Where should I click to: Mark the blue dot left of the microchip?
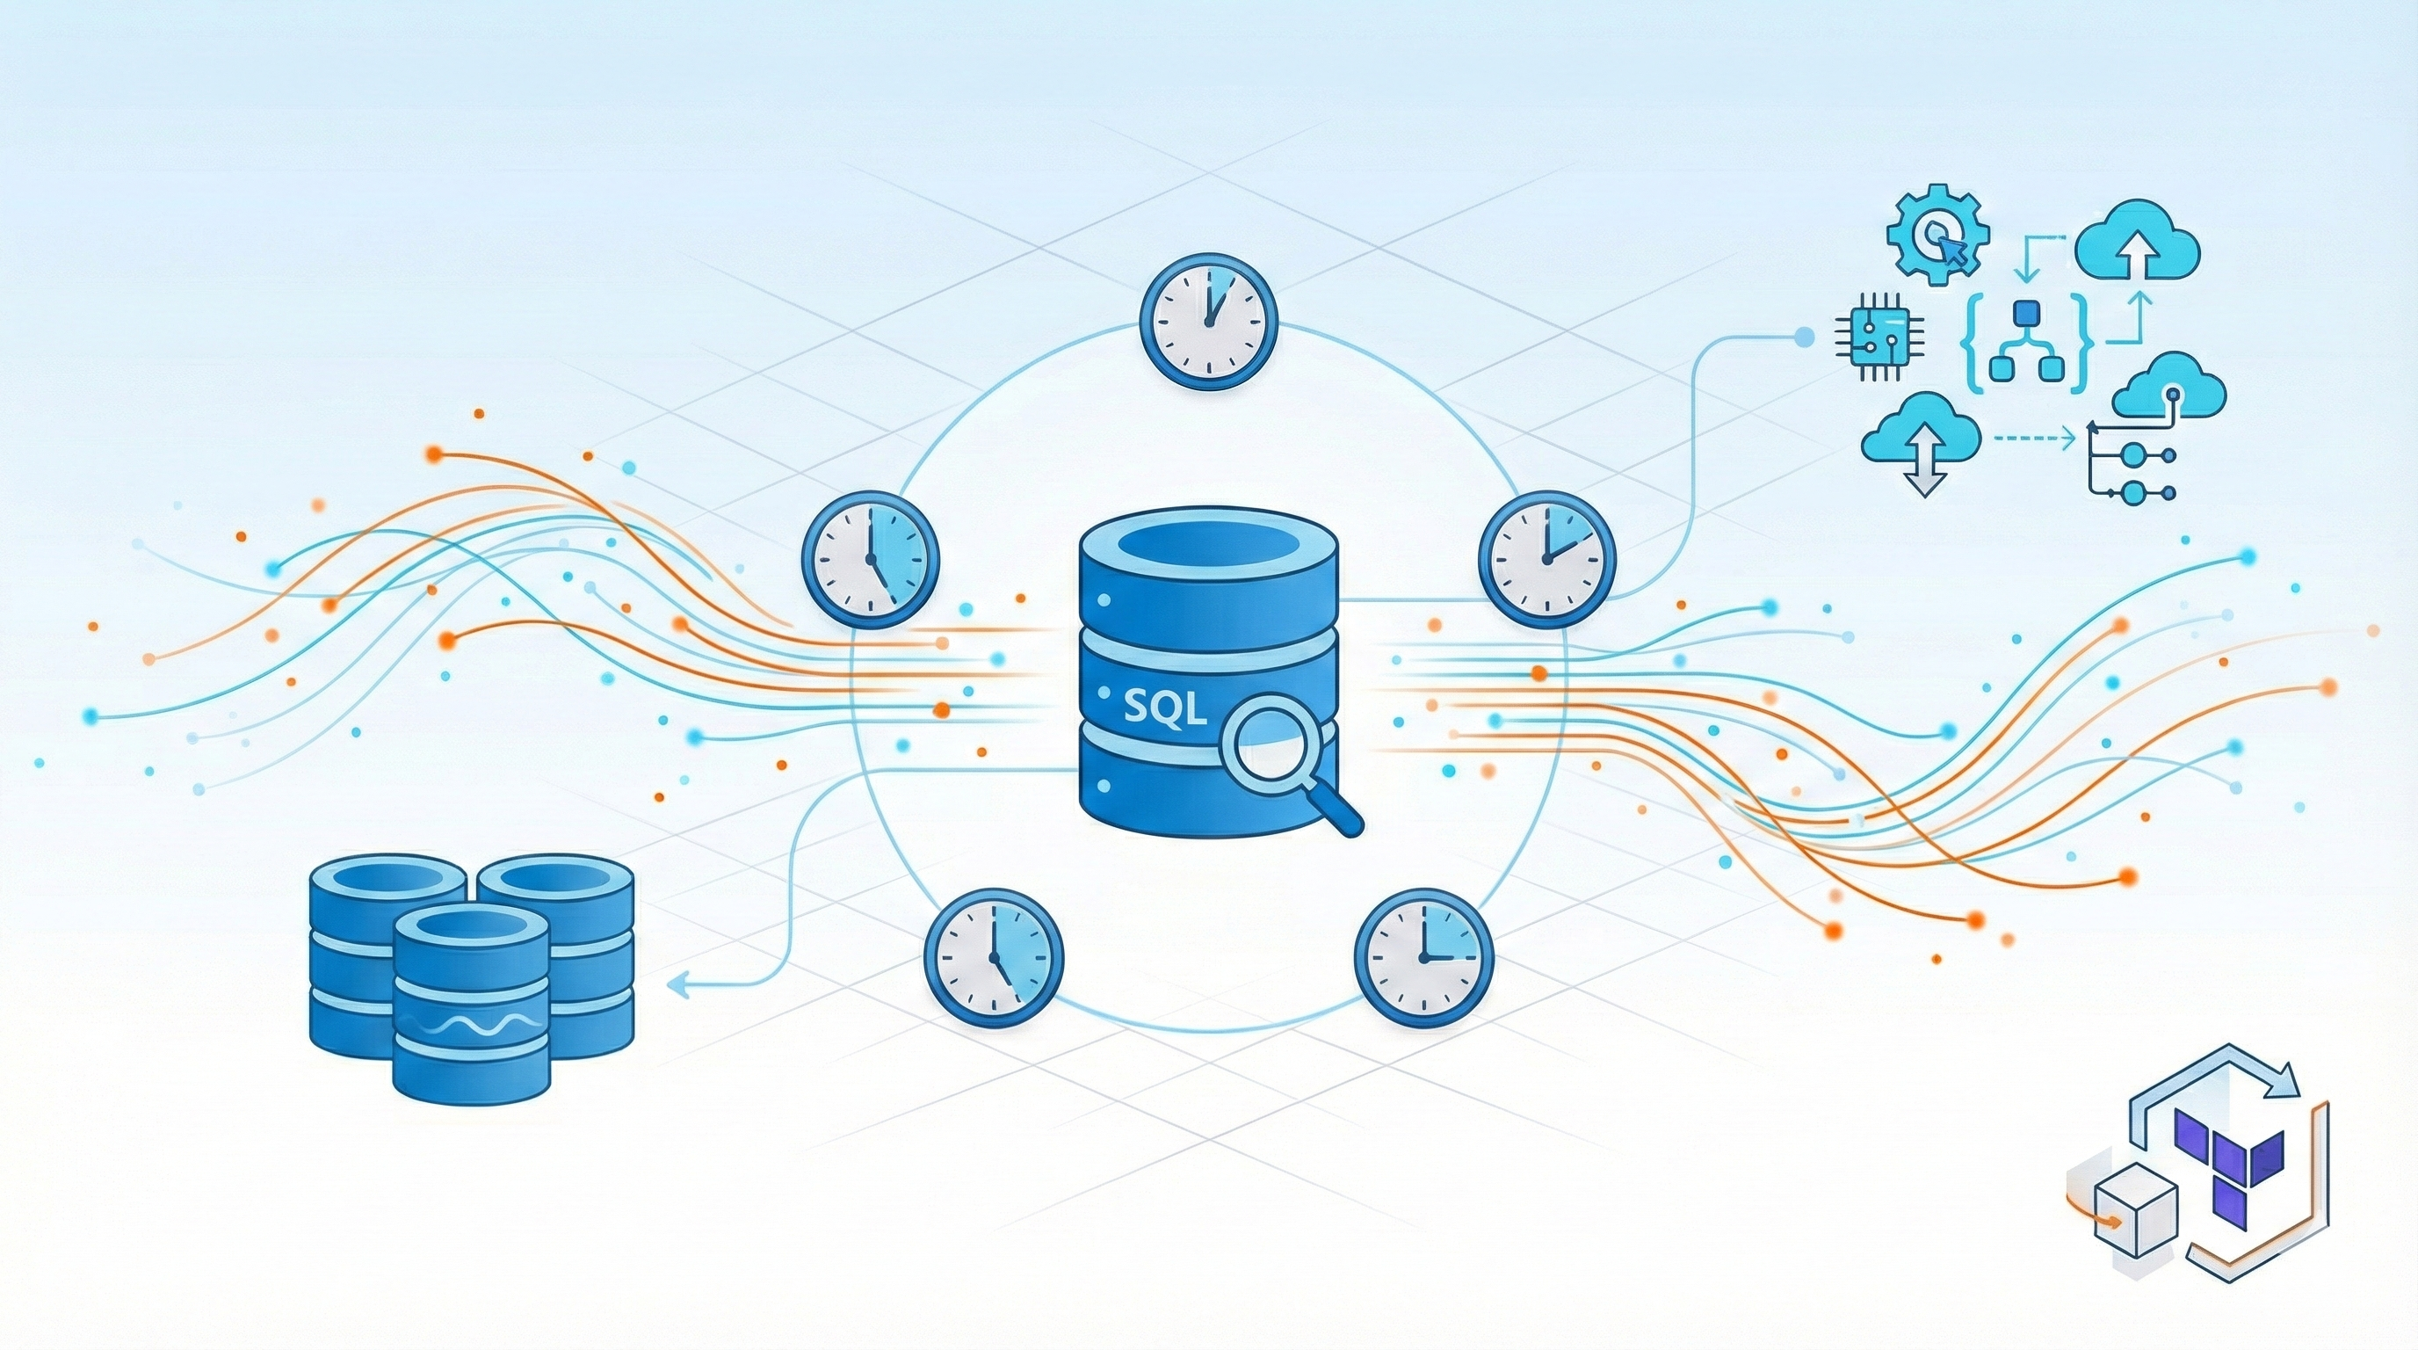point(1802,334)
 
